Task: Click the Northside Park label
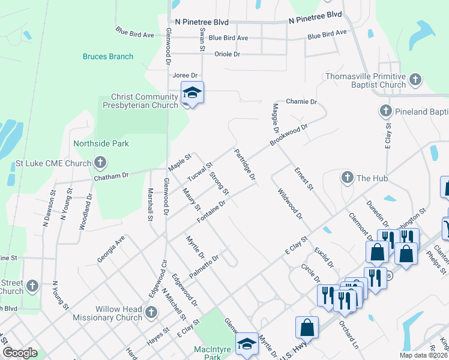[101, 144]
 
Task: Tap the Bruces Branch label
[108, 57]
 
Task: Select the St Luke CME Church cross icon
[100, 163]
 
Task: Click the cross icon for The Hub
[346, 178]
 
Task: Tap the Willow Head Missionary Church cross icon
[151, 312]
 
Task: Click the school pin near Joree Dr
[192, 94]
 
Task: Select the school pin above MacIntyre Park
[246, 344]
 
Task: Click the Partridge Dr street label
[245, 166]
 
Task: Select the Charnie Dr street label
[301, 102]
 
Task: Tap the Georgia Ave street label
[111, 250]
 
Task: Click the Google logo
[20, 353]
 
